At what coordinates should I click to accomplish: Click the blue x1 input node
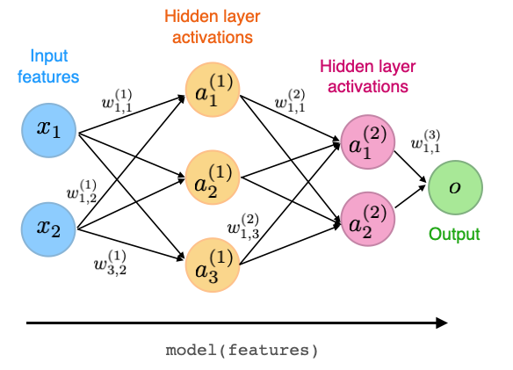49,132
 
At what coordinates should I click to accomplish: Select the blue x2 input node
49,227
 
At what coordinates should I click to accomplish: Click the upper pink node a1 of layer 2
365,141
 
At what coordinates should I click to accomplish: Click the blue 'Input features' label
49,67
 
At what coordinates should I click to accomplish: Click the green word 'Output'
454,235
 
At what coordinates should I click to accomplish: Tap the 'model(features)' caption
242,350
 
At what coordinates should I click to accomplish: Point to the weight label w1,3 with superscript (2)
243,229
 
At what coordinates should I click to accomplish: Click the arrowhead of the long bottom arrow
442,323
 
